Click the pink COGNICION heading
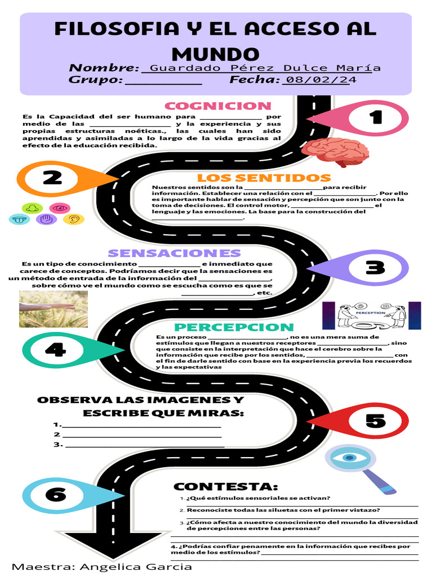(218, 106)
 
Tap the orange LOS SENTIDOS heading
(264, 178)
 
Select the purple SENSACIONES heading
(174, 253)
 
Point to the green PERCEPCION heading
(234, 327)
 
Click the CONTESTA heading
(226, 487)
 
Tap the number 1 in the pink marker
(375, 117)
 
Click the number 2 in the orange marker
(52, 178)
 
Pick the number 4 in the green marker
(56, 349)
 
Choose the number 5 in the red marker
(375, 421)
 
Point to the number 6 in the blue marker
(56, 495)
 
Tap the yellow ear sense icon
(74, 220)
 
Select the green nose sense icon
(32, 208)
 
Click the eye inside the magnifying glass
(349, 458)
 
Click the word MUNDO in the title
(215, 54)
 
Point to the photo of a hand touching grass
(53, 309)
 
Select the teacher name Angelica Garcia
(136, 567)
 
